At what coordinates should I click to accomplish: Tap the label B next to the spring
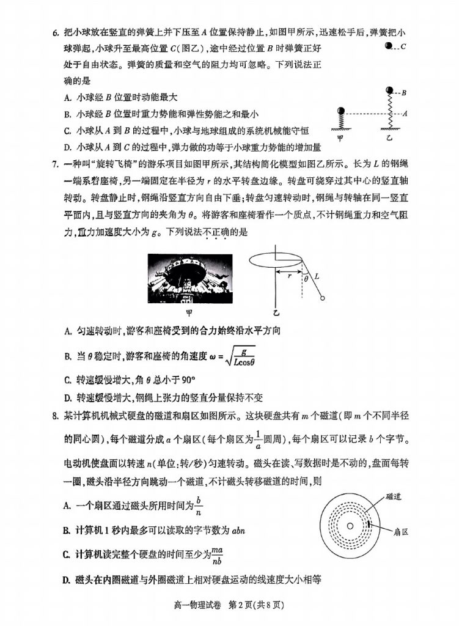[405, 93]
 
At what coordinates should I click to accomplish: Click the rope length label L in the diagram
[317, 277]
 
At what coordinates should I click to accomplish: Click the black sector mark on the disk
[372, 526]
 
